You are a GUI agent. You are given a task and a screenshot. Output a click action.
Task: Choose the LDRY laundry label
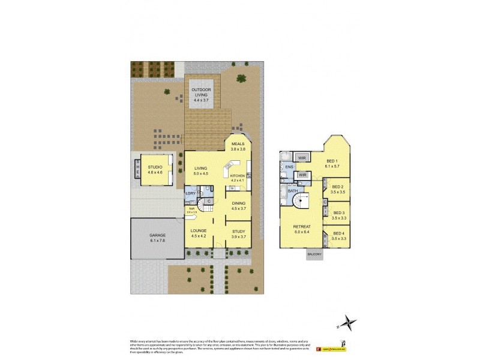pos(190,193)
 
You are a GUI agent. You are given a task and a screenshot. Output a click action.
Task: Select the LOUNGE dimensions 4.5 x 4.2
pos(199,236)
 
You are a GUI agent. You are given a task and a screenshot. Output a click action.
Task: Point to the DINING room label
pos(238,203)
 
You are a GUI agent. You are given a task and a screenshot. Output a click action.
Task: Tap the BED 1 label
pos(332,161)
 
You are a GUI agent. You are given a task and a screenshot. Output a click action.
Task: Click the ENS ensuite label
pos(289,167)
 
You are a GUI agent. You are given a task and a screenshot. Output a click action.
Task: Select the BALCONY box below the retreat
pos(314,254)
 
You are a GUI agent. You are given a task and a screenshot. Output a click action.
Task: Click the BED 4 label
pos(339,233)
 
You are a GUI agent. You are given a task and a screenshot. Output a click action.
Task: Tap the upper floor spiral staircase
pos(305,199)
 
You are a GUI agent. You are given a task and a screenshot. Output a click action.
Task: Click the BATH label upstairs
pos(293,191)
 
